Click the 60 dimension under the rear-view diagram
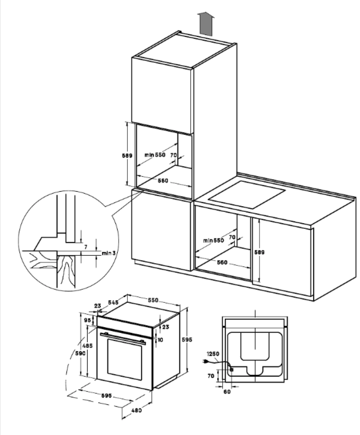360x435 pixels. pos(227,391)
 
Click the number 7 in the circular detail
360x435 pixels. pos(86,247)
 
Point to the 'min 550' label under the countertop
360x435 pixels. pos(213,240)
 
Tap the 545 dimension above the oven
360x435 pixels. pos(114,302)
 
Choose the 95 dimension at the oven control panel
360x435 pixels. pos(88,320)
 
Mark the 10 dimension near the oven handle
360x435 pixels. pos(161,340)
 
